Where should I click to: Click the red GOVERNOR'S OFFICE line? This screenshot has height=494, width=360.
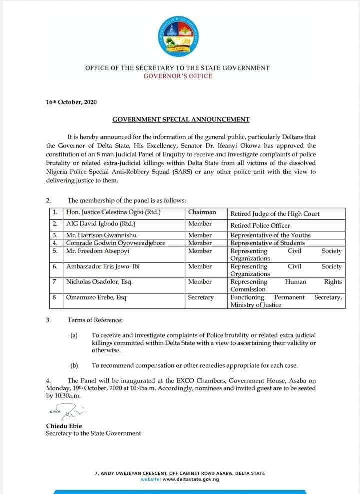pos(177,76)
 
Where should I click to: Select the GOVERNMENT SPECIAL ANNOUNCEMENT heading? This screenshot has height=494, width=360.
pos(181,119)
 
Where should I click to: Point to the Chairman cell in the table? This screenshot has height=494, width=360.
pos(202,213)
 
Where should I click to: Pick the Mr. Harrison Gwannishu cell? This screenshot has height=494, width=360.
pos(101,235)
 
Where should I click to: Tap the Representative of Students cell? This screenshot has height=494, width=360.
pos(267,243)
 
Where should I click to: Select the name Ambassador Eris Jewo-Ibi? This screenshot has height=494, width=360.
pos(103,267)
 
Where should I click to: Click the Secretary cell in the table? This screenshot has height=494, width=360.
pos(201,297)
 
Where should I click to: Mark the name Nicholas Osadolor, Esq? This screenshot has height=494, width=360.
pos(99,282)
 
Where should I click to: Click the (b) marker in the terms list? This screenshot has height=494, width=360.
pos(74,365)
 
